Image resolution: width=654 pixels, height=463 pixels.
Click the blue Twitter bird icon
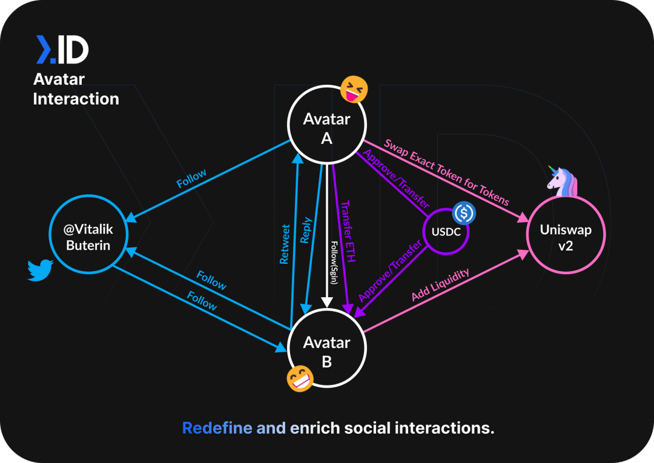pyautogui.click(x=41, y=271)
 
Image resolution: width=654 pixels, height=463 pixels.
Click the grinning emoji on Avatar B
pyautogui.click(x=300, y=379)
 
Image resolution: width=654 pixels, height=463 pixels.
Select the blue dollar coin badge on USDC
pyautogui.click(x=464, y=212)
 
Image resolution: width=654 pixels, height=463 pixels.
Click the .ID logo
pyautogui.click(x=62, y=50)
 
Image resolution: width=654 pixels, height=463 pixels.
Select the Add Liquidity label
pyautogui.click(x=440, y=285)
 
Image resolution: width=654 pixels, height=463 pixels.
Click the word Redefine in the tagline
pyautogui.click(x=217, y=429)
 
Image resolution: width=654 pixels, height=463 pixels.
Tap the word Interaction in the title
pyautogui.click(x=76, y=99)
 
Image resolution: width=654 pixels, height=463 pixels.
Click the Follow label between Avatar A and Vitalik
pyautogui.click(x=191, y=179)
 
